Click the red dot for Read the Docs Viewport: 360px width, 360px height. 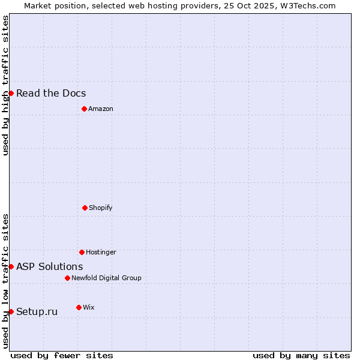pyautogui.click(x=11, y=93)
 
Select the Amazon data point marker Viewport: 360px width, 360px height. pyautogui.click(x=84, y=109)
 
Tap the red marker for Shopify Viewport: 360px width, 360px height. pyautogui.click(x=85, y=208)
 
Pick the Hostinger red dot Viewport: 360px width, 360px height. pyautogui.click(x=82, y=252)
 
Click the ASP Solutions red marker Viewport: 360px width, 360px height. pyautogui.click(x=11, y=266)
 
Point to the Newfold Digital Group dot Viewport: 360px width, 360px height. pyautogui.click(x=67, y=278)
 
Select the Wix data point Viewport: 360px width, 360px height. pyautogui.click(x=79, y=307)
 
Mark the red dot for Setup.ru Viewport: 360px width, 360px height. pyautogui.click(x=11, y=311)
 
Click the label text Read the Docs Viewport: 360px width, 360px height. pyautogui.click(x=51, y=93)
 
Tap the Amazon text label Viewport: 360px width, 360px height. pyautogui.click(x=101, y=109)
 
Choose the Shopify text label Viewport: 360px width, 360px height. pyautogui.click(x=101, y=208)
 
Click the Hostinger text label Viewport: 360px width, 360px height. pyautogui.click(x=101, y=252)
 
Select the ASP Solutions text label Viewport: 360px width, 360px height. pyautogui.click(x=50, y=266)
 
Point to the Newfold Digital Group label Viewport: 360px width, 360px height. pyautogui.click(x=106, y=278)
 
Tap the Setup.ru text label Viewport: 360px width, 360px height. pyautogui.click(x=37, y=311)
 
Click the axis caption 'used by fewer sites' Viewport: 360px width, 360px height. pyautogui.click(x=62, y=355)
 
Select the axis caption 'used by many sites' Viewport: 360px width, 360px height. pyautogui.click(x=301, y=355)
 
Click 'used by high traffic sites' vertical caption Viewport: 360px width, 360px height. pyautogui.click(x=5, y=86)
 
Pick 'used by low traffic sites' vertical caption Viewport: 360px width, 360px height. pyautogui.click(x=5, y=281)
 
